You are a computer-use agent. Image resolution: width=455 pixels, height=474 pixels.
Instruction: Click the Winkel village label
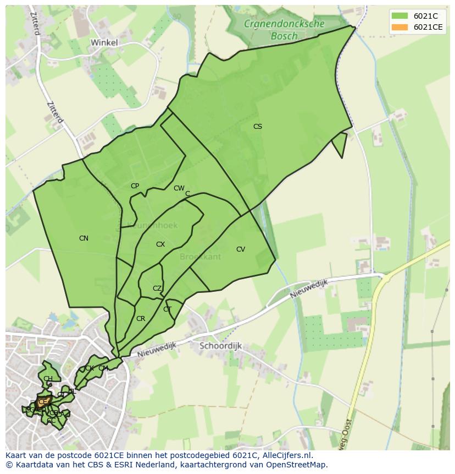pos(104,42)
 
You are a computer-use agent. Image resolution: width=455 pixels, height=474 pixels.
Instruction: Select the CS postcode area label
pos(257,127)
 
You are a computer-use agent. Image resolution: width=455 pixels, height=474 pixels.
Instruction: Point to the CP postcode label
pos(135,186)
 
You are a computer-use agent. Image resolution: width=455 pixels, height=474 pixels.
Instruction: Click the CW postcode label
pos(179,188)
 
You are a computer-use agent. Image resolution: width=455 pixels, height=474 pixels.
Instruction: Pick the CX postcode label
pos(160,244)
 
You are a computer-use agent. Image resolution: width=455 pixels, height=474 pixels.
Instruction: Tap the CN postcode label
pos(84,238)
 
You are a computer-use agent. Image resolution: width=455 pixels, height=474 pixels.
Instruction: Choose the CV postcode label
pos(241,249)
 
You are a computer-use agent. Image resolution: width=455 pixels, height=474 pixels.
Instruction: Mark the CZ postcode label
pos(157,288)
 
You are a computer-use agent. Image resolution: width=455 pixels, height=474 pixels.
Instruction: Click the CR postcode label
pos(141,319)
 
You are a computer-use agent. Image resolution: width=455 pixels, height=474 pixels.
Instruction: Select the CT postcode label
pos(168,309)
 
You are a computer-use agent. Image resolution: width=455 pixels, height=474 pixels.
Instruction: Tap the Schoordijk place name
pos(220,346)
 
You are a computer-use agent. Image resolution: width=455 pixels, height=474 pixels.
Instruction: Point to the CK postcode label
pos(89,368)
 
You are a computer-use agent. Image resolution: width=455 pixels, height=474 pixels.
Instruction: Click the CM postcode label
pos(103,368)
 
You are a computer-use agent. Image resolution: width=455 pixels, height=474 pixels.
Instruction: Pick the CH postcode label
pos(48,379)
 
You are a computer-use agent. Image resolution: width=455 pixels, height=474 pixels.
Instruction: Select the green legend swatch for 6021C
pos(399,15)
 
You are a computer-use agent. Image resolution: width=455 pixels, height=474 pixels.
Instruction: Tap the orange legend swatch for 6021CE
pos(399,27)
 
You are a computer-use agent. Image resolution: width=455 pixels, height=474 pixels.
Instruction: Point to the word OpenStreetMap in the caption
pos(297,465)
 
